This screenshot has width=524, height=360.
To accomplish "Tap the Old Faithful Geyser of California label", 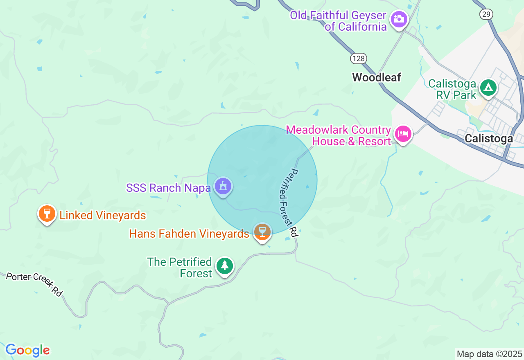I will coord(338,21).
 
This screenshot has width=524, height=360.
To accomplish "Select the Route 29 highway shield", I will coord(486,14).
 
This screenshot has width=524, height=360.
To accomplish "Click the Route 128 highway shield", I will coord(358,59).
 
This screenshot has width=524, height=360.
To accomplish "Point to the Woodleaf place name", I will coord(377,77).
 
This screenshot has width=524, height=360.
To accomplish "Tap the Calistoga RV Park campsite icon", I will coord(488,88).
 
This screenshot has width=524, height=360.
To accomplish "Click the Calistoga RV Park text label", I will coord(452,90).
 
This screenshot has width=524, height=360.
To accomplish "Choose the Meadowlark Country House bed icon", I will coord(403,134).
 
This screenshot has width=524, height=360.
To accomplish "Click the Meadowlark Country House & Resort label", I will coord(339,136).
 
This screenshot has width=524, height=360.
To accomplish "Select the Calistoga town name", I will coord(488,139).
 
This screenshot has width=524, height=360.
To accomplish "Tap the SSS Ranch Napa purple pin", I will coord(223,187).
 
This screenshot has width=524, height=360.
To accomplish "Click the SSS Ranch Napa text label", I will coord(168,188).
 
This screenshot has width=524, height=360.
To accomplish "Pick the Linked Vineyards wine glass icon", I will coord(47,213).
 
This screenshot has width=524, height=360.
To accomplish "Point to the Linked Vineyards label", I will coord(103,215).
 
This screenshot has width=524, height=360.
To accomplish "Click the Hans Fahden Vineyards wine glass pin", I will coord(262,232).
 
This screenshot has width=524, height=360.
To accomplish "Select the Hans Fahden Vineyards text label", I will coord(189,234).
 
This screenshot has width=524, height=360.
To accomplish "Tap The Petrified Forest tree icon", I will coord(224,266).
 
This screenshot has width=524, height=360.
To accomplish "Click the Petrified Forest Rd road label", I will coord(287,202).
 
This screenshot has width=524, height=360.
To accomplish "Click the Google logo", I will coord(27,350).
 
